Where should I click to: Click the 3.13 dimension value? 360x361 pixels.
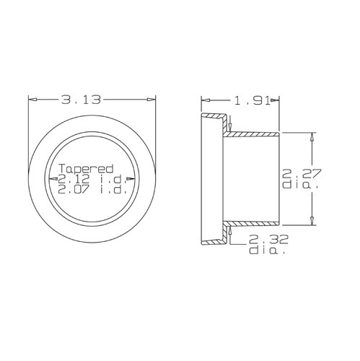click(x=81, y=100)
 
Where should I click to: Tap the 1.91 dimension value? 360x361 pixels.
click(x=252, y=100)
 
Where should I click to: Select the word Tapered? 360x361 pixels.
click(x=86, y=169)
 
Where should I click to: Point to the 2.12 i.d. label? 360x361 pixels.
click(x=92, y=179)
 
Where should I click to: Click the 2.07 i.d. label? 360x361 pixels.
click(x=92, y=190)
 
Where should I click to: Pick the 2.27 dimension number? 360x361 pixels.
click(x=302, y=173)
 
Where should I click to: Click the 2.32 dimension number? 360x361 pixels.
click(x=268, y=240)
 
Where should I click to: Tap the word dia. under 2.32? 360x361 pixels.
click(x=267, y=251)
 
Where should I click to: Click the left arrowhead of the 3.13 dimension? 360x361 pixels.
click(x=32, y=100)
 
